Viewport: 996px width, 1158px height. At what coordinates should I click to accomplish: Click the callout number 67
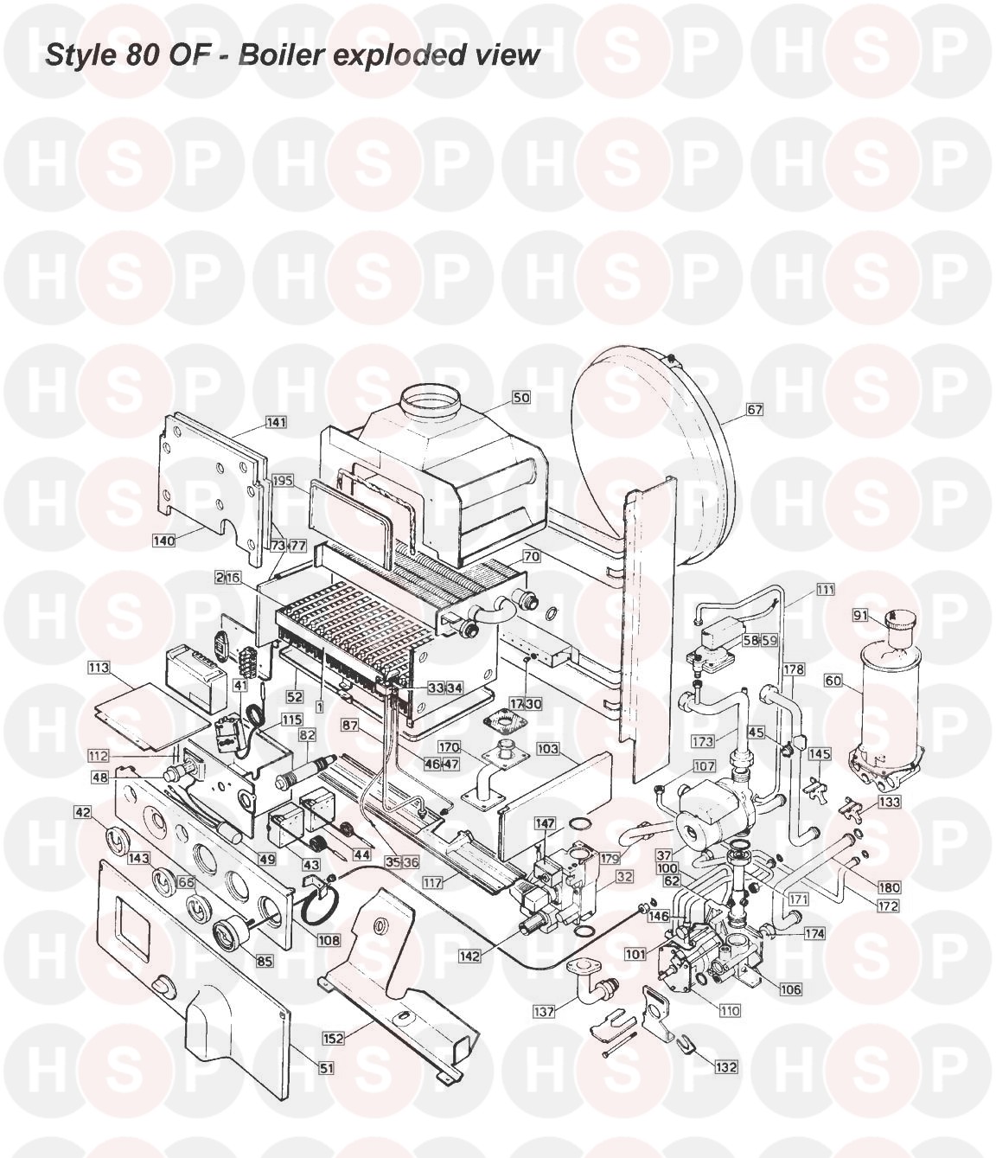tap(755, 410)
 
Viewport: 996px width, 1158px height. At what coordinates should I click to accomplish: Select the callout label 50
tap(521, 397)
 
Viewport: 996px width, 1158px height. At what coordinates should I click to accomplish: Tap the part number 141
tap(276, 422)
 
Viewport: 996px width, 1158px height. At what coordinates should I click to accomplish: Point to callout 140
tap(163, 541)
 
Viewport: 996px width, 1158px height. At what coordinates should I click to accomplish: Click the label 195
tap(283, 480)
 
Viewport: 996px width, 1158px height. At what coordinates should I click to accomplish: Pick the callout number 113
tap(99, 668)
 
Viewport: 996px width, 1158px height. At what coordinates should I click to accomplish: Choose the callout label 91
tap(860, 616)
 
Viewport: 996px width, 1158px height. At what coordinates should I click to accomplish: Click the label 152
tap(333, 1038)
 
